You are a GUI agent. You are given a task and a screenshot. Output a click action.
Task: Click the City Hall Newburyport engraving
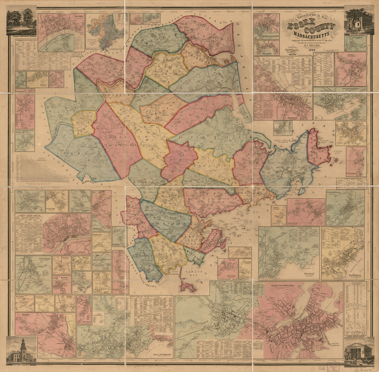tap(359, 20)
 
